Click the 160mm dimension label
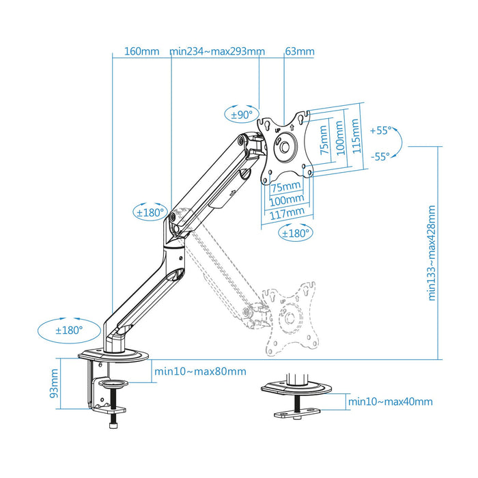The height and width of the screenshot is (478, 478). [x=141, y=51]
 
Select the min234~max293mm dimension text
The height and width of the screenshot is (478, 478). [x=217, y=51]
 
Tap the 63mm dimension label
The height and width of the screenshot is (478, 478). [x=300, y=51]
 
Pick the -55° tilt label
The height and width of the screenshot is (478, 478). [x=380, y=156]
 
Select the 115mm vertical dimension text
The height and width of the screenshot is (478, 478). [x=354, y=137]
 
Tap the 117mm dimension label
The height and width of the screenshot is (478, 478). [x=286, y=213]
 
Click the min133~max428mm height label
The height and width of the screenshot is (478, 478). [x=432, y=254]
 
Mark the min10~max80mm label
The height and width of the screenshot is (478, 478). [x=200, y=371]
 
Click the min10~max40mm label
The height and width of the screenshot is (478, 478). [x=390, y=402]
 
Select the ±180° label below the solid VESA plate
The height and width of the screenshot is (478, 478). [x=295, y=233]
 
